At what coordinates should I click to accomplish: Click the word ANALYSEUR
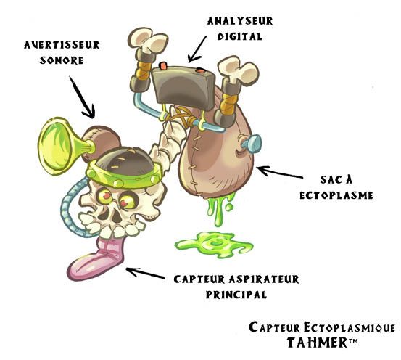pos(240,21)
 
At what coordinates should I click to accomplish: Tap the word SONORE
pos(62,60)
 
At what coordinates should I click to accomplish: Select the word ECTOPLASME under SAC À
pos(336,195)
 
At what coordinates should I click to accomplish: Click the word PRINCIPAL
pos(236,295)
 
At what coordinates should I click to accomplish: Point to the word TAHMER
pos(317,343)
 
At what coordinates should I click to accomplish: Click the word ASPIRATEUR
pos(264,279)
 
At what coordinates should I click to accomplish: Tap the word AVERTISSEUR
pos(62,45)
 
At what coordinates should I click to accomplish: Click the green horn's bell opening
pos(54,146)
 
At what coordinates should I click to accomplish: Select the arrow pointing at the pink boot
pos(145,273)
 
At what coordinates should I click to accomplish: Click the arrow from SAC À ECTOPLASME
pos(279,172)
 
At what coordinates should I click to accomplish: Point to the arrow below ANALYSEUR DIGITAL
pos(197,49)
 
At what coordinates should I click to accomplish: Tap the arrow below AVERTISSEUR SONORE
pos(82,97)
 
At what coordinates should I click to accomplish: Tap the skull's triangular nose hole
pos(117,217)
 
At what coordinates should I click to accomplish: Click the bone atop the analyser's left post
pos(147,40)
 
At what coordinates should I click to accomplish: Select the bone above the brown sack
pos(238,70)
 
